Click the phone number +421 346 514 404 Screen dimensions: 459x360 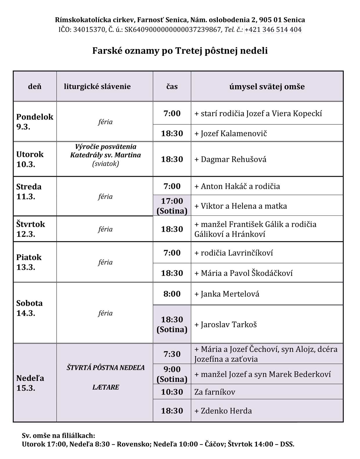(273, 29)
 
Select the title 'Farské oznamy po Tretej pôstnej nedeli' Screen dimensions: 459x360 (180, 51)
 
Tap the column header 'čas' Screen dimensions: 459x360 (172, 86)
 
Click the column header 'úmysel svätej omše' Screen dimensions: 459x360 (267, 86)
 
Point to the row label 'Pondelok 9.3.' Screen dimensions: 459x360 (35, 122)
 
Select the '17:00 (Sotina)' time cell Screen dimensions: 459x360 (172, 206)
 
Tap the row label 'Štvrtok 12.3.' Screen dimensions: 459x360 (31, 229)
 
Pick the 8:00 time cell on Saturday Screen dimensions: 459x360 (172, 294)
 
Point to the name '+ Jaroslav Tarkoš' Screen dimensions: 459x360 (226, 324)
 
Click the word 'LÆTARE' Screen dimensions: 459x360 (106, 387)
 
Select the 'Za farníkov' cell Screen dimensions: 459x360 (215, 392)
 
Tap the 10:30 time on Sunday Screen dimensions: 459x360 (172, 392)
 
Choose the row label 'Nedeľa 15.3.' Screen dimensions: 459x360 (30, 383)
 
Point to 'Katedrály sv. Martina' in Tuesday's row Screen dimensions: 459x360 (105, 155)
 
